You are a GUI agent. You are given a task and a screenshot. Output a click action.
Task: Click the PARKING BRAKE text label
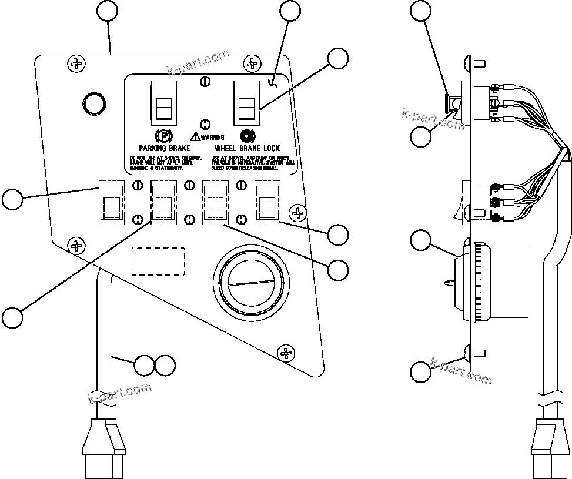coord(164,148)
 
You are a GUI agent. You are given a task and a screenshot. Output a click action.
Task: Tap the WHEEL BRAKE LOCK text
coord(247,148)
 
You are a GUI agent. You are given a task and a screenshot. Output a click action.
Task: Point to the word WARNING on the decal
coord(212,137)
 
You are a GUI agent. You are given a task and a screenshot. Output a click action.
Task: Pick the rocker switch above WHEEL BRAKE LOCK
coord(245,103)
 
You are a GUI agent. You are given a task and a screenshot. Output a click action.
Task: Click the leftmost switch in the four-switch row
coord(110,202)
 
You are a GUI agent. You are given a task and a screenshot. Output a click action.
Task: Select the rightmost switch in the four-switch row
coord(267,202)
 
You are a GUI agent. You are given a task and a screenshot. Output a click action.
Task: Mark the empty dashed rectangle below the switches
coord(158,261)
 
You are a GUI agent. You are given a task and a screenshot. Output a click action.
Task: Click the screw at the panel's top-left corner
coord(76,62)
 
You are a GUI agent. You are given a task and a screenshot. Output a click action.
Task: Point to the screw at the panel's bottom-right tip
coord(286,353)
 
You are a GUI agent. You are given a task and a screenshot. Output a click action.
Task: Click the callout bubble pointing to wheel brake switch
coord(337,58)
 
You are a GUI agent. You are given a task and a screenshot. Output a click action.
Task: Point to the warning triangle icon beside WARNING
coord(195,137)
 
